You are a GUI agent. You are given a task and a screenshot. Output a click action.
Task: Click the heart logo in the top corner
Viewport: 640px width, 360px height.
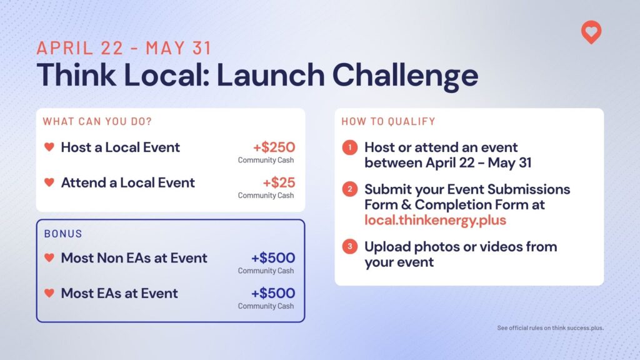tap(591, 32)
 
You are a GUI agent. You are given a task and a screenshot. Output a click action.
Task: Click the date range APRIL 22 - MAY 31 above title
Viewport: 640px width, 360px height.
tap(124, 48)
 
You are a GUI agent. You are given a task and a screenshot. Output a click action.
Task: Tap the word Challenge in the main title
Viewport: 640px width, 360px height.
tap(405, 76)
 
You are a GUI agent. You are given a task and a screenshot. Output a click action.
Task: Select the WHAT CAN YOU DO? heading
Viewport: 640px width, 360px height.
tap(97, 122)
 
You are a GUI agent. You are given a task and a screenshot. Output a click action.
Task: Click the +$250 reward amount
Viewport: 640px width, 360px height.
tap(274, 147)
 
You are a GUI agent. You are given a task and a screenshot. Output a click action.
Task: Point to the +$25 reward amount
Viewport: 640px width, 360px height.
tap(279, 182)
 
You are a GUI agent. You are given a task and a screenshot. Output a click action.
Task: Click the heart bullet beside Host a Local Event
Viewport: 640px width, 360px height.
tap(49, 146)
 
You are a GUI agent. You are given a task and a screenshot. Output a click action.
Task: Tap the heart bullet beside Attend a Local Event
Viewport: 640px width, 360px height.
tap(49, 182)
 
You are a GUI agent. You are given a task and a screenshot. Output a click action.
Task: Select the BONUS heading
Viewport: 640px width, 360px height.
tap(63, 234)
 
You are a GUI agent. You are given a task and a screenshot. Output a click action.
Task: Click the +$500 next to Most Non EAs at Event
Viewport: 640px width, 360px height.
tap(273, 257)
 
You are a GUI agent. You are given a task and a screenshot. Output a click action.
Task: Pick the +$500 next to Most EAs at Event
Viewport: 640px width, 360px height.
tap(273, 293)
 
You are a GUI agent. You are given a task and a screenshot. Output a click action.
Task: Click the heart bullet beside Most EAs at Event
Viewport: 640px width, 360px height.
tap(49, 292)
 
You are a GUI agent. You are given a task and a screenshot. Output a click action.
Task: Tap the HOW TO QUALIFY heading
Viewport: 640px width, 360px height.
tap(389, 122)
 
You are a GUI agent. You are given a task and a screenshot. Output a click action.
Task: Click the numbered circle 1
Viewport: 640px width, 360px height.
tap(350, 147)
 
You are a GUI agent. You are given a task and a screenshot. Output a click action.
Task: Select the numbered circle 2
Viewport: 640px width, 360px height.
tap(350, 189)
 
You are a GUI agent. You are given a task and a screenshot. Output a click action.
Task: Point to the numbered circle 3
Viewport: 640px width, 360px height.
tap(350, 246)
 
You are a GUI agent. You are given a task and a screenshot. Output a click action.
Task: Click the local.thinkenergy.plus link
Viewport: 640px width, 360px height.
tap(435, 221)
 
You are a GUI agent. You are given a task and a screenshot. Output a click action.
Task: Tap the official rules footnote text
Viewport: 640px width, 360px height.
tap(550, 327)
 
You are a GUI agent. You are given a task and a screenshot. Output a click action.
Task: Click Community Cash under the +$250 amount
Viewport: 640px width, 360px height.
tap(266, 160)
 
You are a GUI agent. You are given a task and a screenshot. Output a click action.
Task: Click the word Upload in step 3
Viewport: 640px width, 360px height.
tap(387, 247)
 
